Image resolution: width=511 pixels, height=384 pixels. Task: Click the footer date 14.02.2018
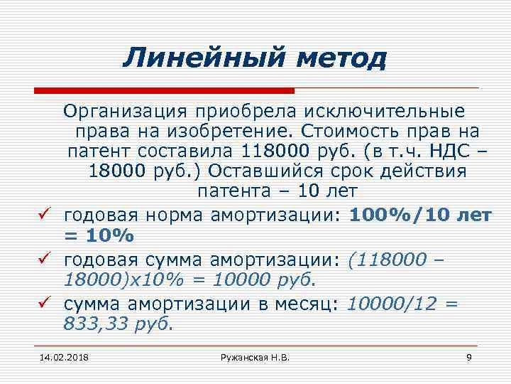60,356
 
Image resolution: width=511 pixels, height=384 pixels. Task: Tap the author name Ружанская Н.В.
255,356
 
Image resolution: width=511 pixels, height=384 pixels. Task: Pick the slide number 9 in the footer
469,356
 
